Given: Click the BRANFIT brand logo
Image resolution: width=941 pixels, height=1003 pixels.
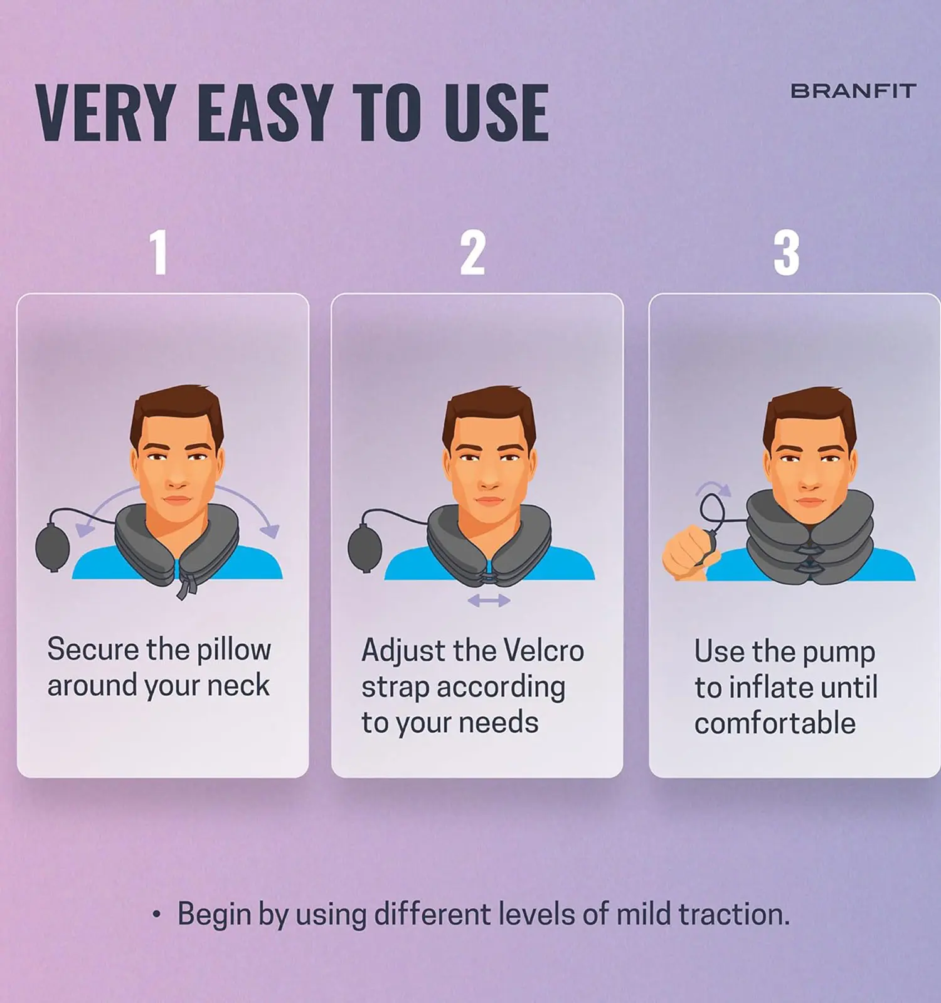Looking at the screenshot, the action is pos(853,91).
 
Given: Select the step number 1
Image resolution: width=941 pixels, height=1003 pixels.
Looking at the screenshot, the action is pos(159,252).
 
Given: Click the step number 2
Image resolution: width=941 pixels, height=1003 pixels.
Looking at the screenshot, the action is pos(473,252).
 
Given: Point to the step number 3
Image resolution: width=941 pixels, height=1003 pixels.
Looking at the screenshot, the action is pos(787,252).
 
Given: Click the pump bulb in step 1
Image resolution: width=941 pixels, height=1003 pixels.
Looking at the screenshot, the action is pos(53,549).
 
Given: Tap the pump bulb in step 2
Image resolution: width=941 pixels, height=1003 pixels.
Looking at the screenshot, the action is pos(365,549).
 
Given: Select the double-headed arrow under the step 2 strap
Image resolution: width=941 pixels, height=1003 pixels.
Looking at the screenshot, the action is pos(489,601).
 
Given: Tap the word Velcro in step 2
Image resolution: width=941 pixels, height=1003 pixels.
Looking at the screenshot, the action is pos(544,651).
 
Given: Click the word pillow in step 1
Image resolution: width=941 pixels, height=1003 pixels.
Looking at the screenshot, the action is pos(234,650).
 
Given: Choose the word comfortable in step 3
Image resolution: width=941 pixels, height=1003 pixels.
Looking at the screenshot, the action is pos(775,723).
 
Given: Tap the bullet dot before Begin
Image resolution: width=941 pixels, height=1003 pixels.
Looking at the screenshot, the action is pos(156,915).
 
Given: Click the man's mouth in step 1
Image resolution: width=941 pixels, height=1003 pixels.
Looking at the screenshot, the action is pos(177,500).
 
